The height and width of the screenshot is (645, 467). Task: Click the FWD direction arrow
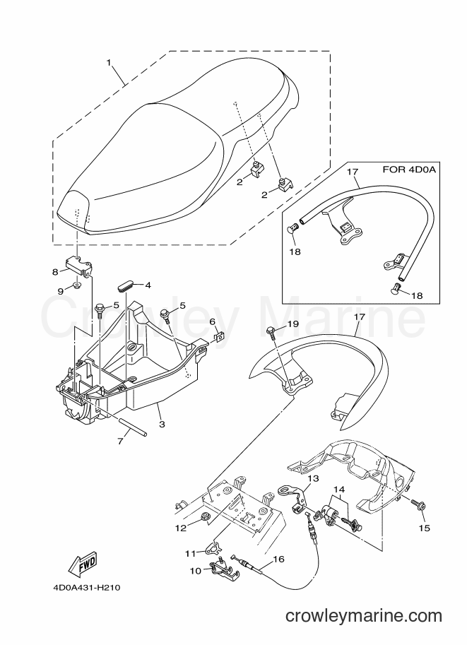pos(81,562)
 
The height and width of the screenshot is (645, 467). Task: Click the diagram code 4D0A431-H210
pos(86,588)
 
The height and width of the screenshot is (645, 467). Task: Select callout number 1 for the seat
pos(109,63)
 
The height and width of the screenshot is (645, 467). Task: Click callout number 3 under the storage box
pos(162,424)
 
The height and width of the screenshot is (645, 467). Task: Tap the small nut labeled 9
pos(77,285)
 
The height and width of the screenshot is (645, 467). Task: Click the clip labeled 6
pos(220,337)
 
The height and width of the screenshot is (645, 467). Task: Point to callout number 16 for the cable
pos(278,559)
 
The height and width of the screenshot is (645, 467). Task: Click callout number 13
pos(313,478)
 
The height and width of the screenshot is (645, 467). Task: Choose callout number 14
pos(339,489)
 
